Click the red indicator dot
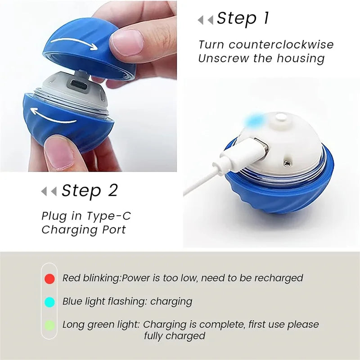coord(49,279)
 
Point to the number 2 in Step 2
coord(112,190)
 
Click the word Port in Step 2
coord(113,229)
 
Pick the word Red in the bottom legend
coord(71,278)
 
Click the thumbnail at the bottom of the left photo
coord(58,152)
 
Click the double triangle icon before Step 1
coord(205,19)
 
